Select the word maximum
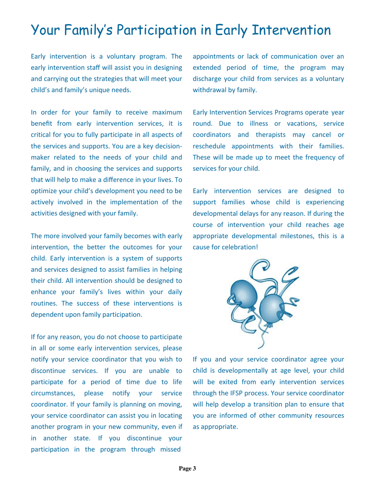(x=165, y=113)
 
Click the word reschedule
(x=208, y=147)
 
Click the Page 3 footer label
(x=187, y=469)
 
